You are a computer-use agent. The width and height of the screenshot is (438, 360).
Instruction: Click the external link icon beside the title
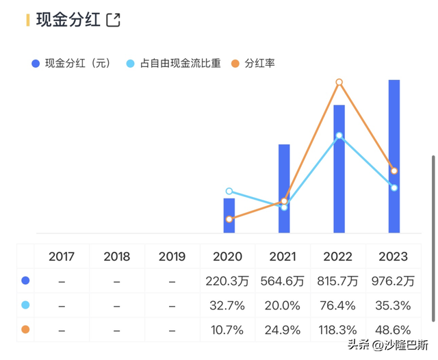[x=114, y=20]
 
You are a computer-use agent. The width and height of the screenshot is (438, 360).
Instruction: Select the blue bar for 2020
[x=229, y=216]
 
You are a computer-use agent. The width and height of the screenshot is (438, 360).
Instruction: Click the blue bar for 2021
[x=284, y=188]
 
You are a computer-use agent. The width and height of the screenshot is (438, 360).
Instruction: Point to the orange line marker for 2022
[x=339, y=82]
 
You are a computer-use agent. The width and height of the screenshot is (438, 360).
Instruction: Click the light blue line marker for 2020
[x=229, y=192]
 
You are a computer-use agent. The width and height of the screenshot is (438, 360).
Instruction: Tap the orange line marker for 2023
[x=394, y=170]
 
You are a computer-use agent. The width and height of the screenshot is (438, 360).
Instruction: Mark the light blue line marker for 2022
[x=339, y=136]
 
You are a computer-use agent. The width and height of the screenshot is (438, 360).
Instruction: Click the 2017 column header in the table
[x=62, y=257]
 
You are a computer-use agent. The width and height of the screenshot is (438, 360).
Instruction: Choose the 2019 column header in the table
[x=172, y=257]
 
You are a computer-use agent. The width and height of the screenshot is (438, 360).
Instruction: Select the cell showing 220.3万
[x=227, y=281]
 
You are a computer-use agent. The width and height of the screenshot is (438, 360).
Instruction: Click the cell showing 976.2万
[x=393, y=281]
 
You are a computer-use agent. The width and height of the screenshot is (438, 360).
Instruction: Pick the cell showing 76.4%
[x=337, y=305]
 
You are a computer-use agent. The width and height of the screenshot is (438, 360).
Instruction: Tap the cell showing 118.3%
[x=337, y=330]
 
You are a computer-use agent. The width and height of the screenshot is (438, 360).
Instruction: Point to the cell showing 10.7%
[x=227, y=330]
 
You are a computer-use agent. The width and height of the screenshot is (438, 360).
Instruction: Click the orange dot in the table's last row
[x=25, y=330]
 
